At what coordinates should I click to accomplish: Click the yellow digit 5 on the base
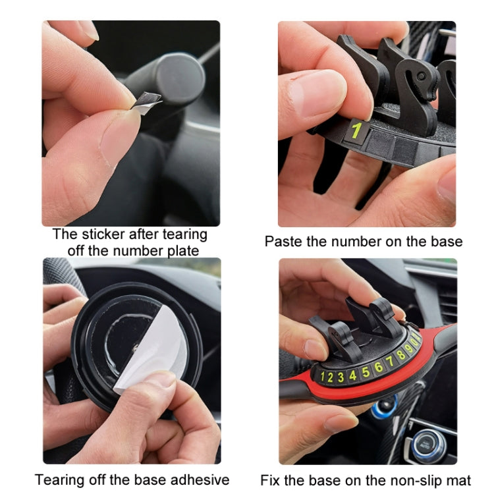[365, 371]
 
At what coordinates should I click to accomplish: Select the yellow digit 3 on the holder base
[341, 377]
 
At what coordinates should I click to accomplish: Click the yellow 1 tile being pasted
[356, 130]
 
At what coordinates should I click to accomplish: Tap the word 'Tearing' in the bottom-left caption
[60, 479]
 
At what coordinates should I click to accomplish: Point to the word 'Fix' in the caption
[271, 480]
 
